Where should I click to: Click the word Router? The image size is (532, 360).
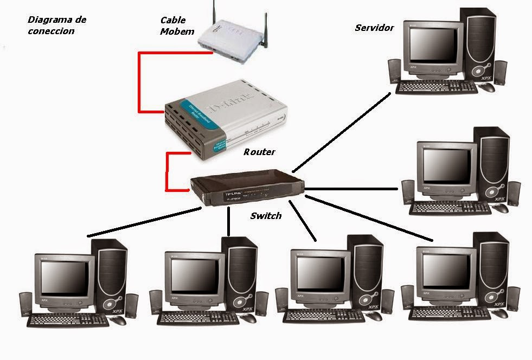coord(259,152)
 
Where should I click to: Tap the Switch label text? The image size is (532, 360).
coord(266,216)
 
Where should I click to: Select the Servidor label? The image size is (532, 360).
coord(374,28)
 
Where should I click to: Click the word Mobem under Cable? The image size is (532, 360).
coord(177,31)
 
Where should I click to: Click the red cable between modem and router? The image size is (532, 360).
coord(139,81)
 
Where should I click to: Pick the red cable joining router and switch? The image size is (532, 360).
coord(167,172)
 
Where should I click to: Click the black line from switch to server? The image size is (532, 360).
coord(342,130)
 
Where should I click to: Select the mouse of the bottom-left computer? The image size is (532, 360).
coord(118,320)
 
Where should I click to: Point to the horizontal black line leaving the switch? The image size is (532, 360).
coord(352,189)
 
